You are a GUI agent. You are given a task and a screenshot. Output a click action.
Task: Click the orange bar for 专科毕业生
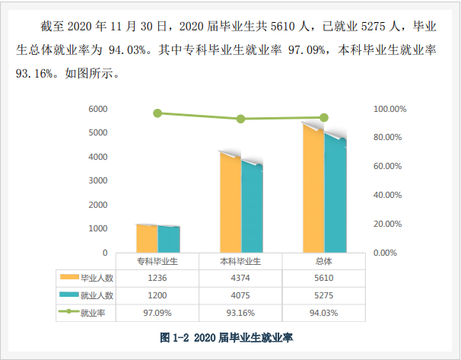pos(147,238)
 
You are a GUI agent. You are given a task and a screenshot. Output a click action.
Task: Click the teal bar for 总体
pos(335,195)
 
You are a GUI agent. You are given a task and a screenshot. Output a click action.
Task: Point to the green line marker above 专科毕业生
pos(157,113)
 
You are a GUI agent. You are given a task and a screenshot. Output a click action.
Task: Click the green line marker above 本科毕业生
pos(240,119)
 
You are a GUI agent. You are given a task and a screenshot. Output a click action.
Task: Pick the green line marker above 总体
pos(324,117)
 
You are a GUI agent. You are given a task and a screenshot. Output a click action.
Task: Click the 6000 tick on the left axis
pos(97,109)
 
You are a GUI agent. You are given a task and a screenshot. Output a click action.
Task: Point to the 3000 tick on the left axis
pos(97,180)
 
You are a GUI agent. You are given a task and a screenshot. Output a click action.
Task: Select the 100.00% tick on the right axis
pos(390,109)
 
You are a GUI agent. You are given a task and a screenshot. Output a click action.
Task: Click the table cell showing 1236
pos(157,278)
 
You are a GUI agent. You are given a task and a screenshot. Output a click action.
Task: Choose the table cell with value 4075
pos(240,295)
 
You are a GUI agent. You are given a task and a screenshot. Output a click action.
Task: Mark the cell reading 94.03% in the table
pos(324,312)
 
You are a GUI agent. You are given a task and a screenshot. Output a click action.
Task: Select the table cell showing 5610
pos(324,278)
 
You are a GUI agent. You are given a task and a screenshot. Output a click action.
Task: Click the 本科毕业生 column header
pos(240,261)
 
